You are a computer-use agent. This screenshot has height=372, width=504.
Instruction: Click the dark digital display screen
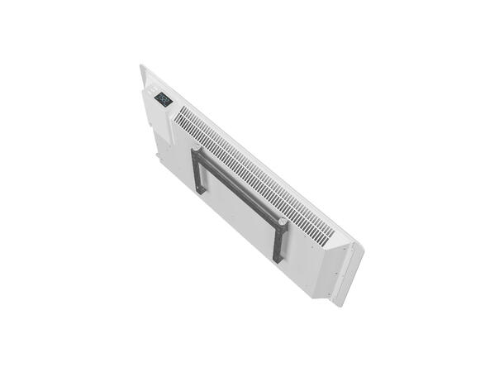(x=163, y=99)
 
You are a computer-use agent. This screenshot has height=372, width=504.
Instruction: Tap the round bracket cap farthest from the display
(x=283, y=222)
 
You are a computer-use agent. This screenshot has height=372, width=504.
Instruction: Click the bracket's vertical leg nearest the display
(x=199, y=172)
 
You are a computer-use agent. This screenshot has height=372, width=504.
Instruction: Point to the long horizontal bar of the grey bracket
(x=240, y=189)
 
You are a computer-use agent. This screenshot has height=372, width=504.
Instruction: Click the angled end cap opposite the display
(x=339, y=265)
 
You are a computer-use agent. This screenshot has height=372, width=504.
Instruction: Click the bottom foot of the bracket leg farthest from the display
(x=278, y=260)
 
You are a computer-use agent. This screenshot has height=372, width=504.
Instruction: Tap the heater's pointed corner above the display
(x=142, y=66)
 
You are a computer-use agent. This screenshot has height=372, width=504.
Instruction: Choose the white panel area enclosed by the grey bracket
(x=240, y=211)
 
